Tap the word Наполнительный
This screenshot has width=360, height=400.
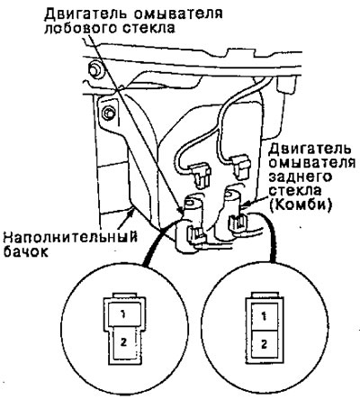click(70, 238)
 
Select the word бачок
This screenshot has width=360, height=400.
click(25, 251)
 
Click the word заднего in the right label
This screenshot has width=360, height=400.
click(301, 178)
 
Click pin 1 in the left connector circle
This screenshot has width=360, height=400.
click(123, 314)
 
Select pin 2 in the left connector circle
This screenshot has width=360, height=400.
click(123, 342)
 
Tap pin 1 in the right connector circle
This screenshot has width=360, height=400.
click(264, 316)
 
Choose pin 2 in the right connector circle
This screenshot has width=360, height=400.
click(264, 344)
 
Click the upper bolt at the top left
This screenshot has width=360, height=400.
click(94, 68)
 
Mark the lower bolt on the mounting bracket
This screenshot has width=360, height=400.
click(108, 113)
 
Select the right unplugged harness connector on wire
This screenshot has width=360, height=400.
click(241, 165)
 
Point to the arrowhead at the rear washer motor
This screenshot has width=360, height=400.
click(244, 206)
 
